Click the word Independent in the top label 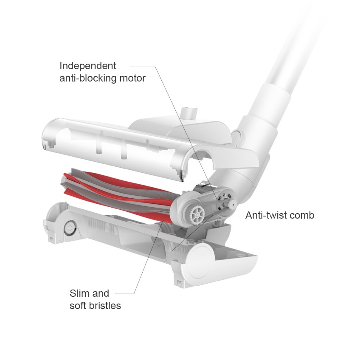point(87,66)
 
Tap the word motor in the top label point(132,79)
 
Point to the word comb point(303,215)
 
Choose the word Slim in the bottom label point(79,293)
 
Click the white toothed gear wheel point(197,212)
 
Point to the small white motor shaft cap point(231,204)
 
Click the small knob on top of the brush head point(189,113)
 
